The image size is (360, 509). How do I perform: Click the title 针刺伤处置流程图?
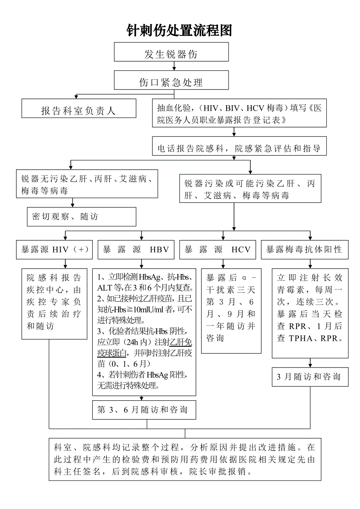click(x=180, y=30)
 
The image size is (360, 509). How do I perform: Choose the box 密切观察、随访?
click(x=81, y=217)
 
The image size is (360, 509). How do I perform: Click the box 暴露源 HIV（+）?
click(x=54, y=250)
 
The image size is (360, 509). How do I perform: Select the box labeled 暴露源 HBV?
click(x=136, y=250)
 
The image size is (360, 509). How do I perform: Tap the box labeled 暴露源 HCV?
click(x=218, y=250)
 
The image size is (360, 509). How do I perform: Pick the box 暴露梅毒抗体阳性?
click(x=304, y=250)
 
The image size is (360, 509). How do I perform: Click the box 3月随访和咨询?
click(x=310, y=377)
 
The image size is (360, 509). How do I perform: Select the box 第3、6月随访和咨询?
click(x=144, y=410)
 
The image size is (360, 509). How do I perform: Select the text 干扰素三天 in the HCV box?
click(x=230, y=290)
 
